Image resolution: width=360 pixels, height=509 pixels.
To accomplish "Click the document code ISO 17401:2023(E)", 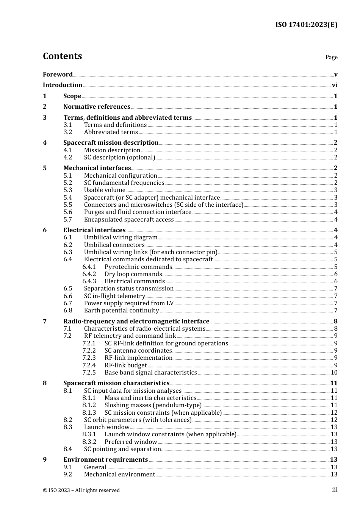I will click(306, 25).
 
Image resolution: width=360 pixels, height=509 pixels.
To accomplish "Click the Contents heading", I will click(62, 56).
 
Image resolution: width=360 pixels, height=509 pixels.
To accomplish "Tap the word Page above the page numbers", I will click(331, 57).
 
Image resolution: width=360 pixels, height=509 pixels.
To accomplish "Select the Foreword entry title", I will click(58, 75).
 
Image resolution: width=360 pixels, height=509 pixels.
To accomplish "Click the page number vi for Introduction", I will click(335, 85).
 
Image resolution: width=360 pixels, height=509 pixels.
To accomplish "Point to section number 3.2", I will click(68, 132).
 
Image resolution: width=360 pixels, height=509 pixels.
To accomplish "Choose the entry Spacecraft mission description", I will click(111, 143).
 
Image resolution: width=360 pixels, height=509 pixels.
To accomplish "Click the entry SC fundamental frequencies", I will click(124, 183).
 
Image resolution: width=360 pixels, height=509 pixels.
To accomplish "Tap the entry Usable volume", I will click(105, 190).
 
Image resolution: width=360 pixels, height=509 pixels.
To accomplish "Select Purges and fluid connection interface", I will click(138, 212).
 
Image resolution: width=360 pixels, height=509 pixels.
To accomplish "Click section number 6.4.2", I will click(89, 274).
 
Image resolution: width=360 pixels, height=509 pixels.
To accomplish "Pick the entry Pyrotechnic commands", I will click(138, 267).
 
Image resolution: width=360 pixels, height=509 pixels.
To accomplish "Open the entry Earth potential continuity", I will click(121, 311).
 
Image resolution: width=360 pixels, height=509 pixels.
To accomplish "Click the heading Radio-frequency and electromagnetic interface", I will click(136, 322).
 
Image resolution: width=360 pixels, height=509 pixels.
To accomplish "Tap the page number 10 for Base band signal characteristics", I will click(334, 373).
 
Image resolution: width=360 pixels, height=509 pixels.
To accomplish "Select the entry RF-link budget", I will click(125, 365).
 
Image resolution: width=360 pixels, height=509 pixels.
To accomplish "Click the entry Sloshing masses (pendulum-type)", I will click(153, 405).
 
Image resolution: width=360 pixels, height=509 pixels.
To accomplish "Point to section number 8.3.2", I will click(89, 442).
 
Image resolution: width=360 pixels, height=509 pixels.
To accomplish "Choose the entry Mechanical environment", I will click(119, 475).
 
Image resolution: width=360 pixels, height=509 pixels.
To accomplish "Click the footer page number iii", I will click(335, 490).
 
